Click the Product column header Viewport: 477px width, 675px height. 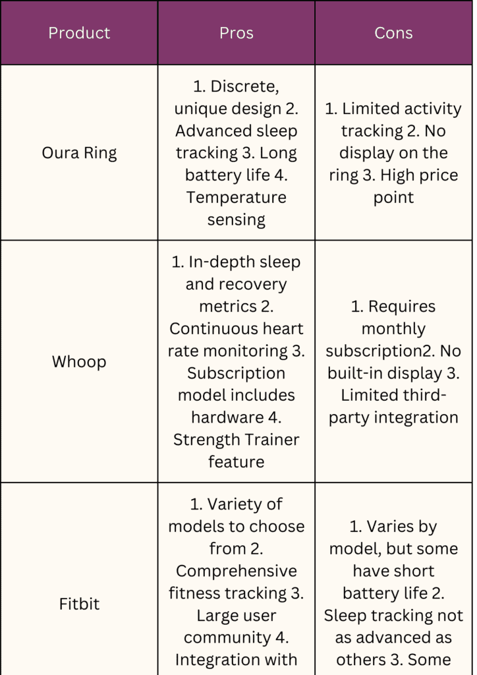pyautogui.click(x=79, y=33)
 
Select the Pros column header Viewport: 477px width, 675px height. pyautogui.click(x=236, y=33)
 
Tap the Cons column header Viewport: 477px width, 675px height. pyautogui.click(x=393, y=33)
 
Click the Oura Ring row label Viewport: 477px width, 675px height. pyautogui.click(x=79, y=153)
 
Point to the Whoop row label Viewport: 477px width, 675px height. pyautogui.click(x=79, y=362)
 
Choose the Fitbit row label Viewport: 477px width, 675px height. pyautogui.click(x=79, y=604)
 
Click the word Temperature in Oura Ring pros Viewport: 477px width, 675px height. pyautogui.click(x=236, y=198)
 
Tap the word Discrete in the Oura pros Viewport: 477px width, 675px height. pyautogui.click(x=244, y=87)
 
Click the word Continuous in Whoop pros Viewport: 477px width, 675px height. pyautogui.click(x=209, y=329)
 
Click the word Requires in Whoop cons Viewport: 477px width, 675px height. pyautogui.click(x=402, y=307)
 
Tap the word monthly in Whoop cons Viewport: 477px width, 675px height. pyautogui.click(x=393, y=329)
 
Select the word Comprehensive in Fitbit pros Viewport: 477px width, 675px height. pyautogui.click(x=236, y=572)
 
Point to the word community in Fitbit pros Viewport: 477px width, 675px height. pyautogui.click(x=227, y=638)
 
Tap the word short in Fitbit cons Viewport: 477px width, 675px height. pyautogui.click(x=414, y=572)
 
